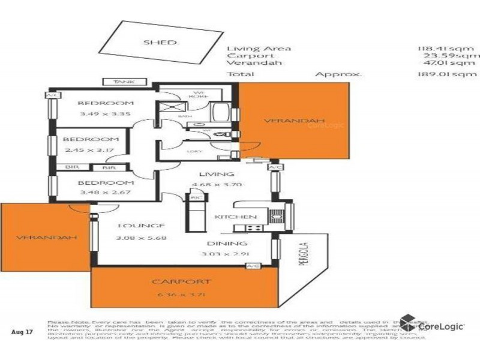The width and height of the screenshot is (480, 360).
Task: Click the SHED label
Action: (160, 43)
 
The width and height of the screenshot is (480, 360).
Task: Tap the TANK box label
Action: (119, 82)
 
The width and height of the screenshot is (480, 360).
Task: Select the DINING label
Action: (227, 244)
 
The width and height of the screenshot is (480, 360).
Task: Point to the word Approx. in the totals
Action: (339, 75)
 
